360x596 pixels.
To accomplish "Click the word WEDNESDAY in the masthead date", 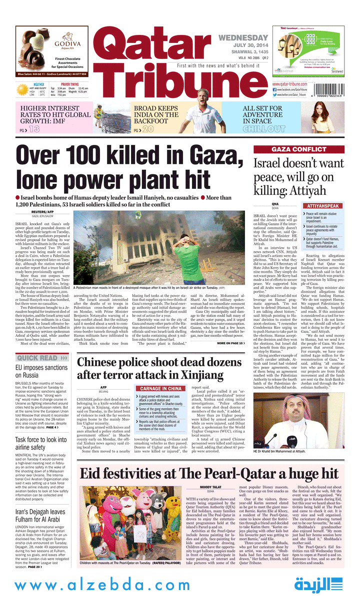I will coord(243,38).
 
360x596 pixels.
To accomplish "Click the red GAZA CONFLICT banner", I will coord(298,149).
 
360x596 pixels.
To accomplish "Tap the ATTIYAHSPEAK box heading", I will coord(323,206).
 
